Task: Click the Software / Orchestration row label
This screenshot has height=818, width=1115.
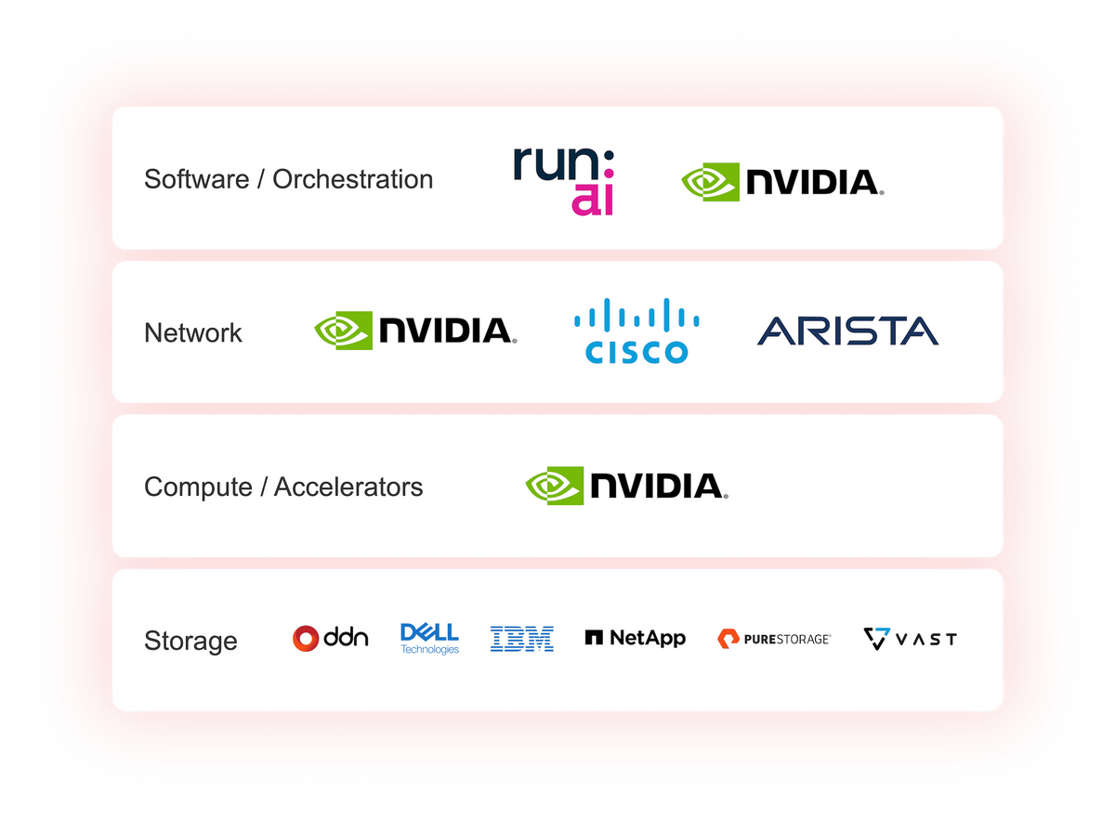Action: coord(288,179)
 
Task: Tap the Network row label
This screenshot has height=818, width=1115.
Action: coord(193,332)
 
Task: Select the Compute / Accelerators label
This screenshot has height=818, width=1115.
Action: coord(283,487)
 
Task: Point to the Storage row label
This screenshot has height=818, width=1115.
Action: coord(190,641)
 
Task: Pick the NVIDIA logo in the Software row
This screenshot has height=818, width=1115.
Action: coord(782,182)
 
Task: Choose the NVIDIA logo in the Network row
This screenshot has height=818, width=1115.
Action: coord(415,331)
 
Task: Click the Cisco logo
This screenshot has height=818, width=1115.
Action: coord(636,331)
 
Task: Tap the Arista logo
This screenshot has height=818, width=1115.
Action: coord(847,331)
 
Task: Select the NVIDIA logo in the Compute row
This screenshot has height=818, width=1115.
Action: coord(626,486)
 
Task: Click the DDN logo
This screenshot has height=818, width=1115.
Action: coord(331,638)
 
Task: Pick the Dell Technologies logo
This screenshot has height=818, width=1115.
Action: coord(429,638)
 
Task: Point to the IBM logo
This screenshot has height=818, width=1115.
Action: coord(522,638)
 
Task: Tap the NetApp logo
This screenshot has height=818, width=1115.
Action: coord(636,638)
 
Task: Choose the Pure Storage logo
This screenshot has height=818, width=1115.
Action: coord(774,638)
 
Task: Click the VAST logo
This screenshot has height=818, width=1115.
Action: coord(910,639)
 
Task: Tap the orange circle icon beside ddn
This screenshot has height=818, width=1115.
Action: coord(306,638)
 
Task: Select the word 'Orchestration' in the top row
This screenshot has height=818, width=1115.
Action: coord(352,179)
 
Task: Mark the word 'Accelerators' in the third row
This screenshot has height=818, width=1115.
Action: coord(348,487)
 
